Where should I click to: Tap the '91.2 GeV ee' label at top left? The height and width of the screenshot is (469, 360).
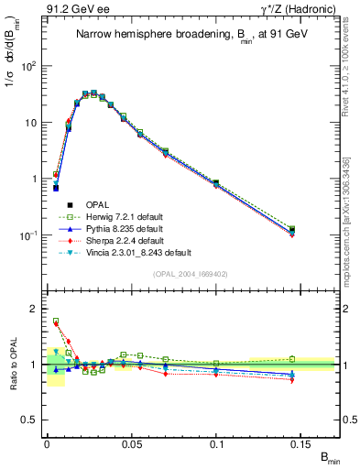point(71,10)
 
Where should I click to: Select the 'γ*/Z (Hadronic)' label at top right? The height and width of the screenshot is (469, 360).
point(296,10)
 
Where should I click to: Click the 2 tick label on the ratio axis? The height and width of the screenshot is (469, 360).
point(34,309)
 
